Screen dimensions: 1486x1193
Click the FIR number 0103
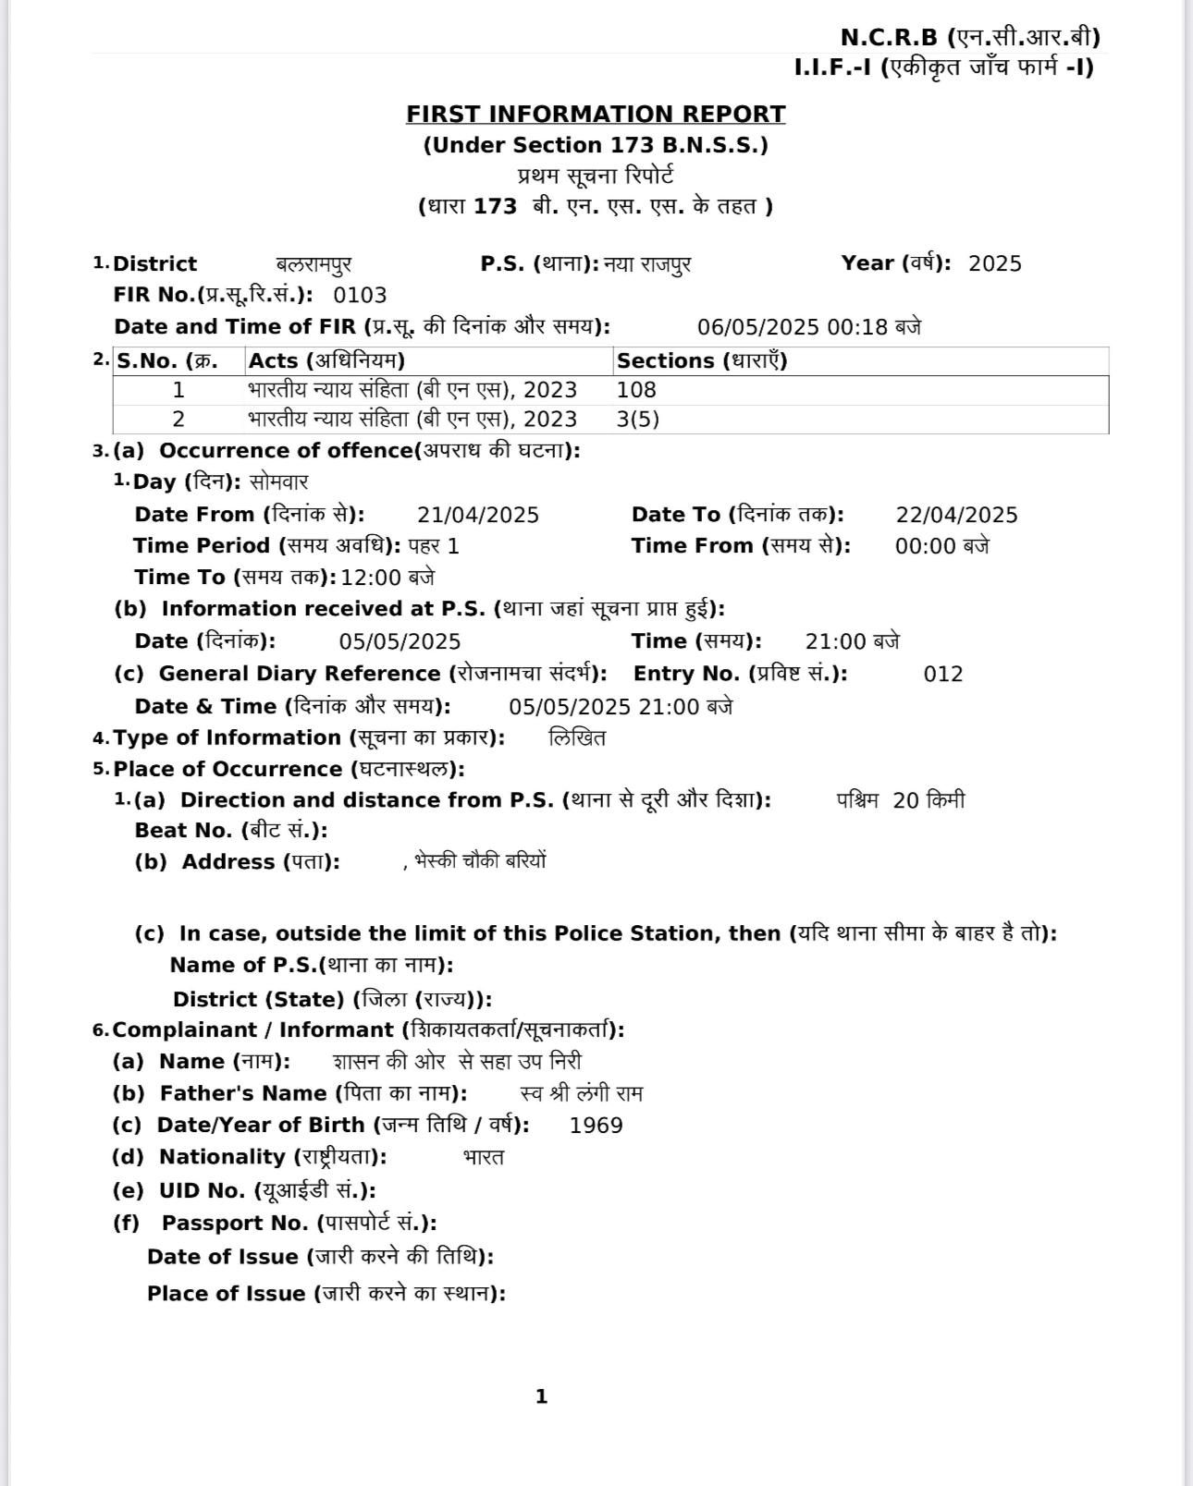(x=360, y=296)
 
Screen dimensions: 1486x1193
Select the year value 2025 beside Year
(x=995, y=264)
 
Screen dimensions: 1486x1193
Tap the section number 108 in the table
(x=636, y=390)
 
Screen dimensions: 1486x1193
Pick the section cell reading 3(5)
(x=638, y=420)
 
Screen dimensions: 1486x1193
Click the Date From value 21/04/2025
(x=477, y=515)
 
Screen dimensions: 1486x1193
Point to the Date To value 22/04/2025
(x=956, y=515)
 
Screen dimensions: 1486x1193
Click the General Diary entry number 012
(x=942, y=675)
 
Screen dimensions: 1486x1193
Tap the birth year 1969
(x=596, y=1126)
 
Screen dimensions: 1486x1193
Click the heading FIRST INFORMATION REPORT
(x=596, y=115)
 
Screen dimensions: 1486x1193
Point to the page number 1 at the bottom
(x=542, y=1396)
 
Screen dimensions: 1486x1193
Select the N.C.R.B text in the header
(x=889, y=38)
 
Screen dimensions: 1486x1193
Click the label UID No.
(x=215, y=1191)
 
